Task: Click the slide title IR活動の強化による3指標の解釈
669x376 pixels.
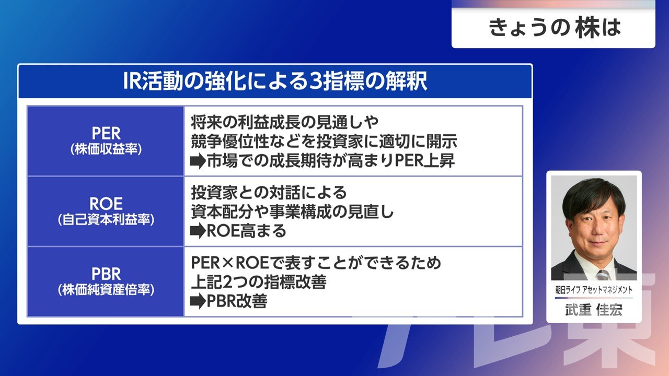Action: tap(275, 81)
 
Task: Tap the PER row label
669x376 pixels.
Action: tap(106, 133)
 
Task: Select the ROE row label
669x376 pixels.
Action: tap(106, 204)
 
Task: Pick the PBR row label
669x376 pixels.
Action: tap(106, 274)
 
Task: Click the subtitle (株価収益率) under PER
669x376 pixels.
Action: tap(106, 149)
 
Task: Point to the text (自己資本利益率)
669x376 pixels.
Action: tap(106, 220)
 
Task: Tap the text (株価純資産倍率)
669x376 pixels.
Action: tap(106, 290)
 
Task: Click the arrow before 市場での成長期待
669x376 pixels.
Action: tap(198, 161)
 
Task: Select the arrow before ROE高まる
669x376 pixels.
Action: tap(198, 231)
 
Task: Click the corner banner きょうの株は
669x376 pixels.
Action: tap(555, 28)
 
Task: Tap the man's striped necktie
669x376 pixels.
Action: tap(603, 275)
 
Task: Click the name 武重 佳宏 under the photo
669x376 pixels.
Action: tap(594, 310)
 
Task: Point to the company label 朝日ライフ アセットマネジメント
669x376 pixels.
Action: tap(594, 289)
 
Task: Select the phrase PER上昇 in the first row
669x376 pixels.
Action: tap(425, 161)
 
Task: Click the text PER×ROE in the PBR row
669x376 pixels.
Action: tap(230, 263)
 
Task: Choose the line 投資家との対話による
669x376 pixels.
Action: tap(269, 193)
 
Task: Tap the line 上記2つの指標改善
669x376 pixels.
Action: tap(259, 282)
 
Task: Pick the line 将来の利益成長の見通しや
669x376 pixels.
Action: tap(285, 122)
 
